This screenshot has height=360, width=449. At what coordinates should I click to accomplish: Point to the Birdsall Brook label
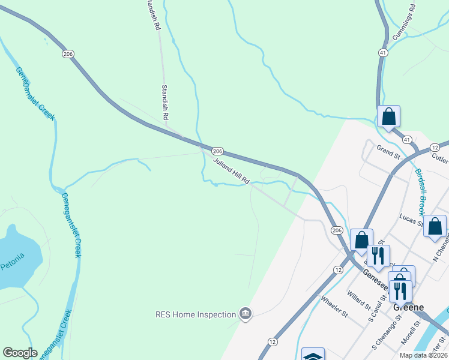pyautogui.click(x=420, y=192)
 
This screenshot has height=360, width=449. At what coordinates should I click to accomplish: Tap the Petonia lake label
pyautogui.click(x=12, y=262)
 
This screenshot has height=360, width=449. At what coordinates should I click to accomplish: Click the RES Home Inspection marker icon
pyautogui.click(x=245, y=313)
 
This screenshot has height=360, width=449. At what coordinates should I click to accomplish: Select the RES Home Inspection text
pyautogui.click(x=195, y=314)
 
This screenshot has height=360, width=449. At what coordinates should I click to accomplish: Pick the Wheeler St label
pyautogui.click(x=334, y=307)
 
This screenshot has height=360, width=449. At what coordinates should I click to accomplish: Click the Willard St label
pyautogui.click(x=358, y=301)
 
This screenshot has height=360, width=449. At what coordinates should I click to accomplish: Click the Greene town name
pyautogui.click(x=408, y=307)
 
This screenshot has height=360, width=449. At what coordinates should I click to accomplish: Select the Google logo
pyautogui.click(x=20, y=353)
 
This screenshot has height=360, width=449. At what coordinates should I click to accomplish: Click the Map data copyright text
pyautogui.click(x=423, y=355)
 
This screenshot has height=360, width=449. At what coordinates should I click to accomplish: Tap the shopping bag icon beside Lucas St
pyautogui.click(x=435, y=227)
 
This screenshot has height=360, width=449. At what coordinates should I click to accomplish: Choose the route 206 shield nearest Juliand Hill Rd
pyautogui.click(x=217, y=151)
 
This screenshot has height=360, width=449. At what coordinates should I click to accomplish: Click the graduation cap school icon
pyautogui.click(x=313, y=355)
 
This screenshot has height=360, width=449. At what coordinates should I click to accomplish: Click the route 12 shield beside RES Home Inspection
pyautogui.click(x=273, y=341)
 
